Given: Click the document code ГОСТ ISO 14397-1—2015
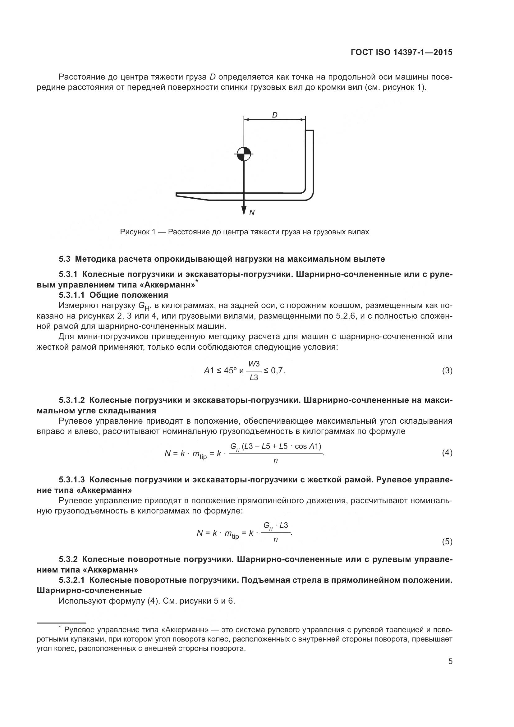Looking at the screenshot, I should tap(401, 52).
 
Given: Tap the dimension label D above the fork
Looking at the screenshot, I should tap(274, 115).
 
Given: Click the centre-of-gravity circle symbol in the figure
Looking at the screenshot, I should tap(244, 154).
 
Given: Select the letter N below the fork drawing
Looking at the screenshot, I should tap(252, 213).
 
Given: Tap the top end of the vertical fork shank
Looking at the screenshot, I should tap(310, 131).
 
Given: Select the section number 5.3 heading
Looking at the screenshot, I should tap(64, 259).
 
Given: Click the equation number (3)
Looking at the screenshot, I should tap(447, 370).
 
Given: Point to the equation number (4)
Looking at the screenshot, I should tap(447, 453).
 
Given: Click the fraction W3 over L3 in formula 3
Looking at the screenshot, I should tap(254, 371).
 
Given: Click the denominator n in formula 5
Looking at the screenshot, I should tap(275, 539).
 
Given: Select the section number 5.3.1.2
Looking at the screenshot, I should tap(71, 400).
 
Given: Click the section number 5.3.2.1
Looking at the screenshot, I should tap(71, 580).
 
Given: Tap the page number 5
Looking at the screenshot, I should tap(450, 661).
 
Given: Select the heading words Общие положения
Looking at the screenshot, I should tap(129, 295).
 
